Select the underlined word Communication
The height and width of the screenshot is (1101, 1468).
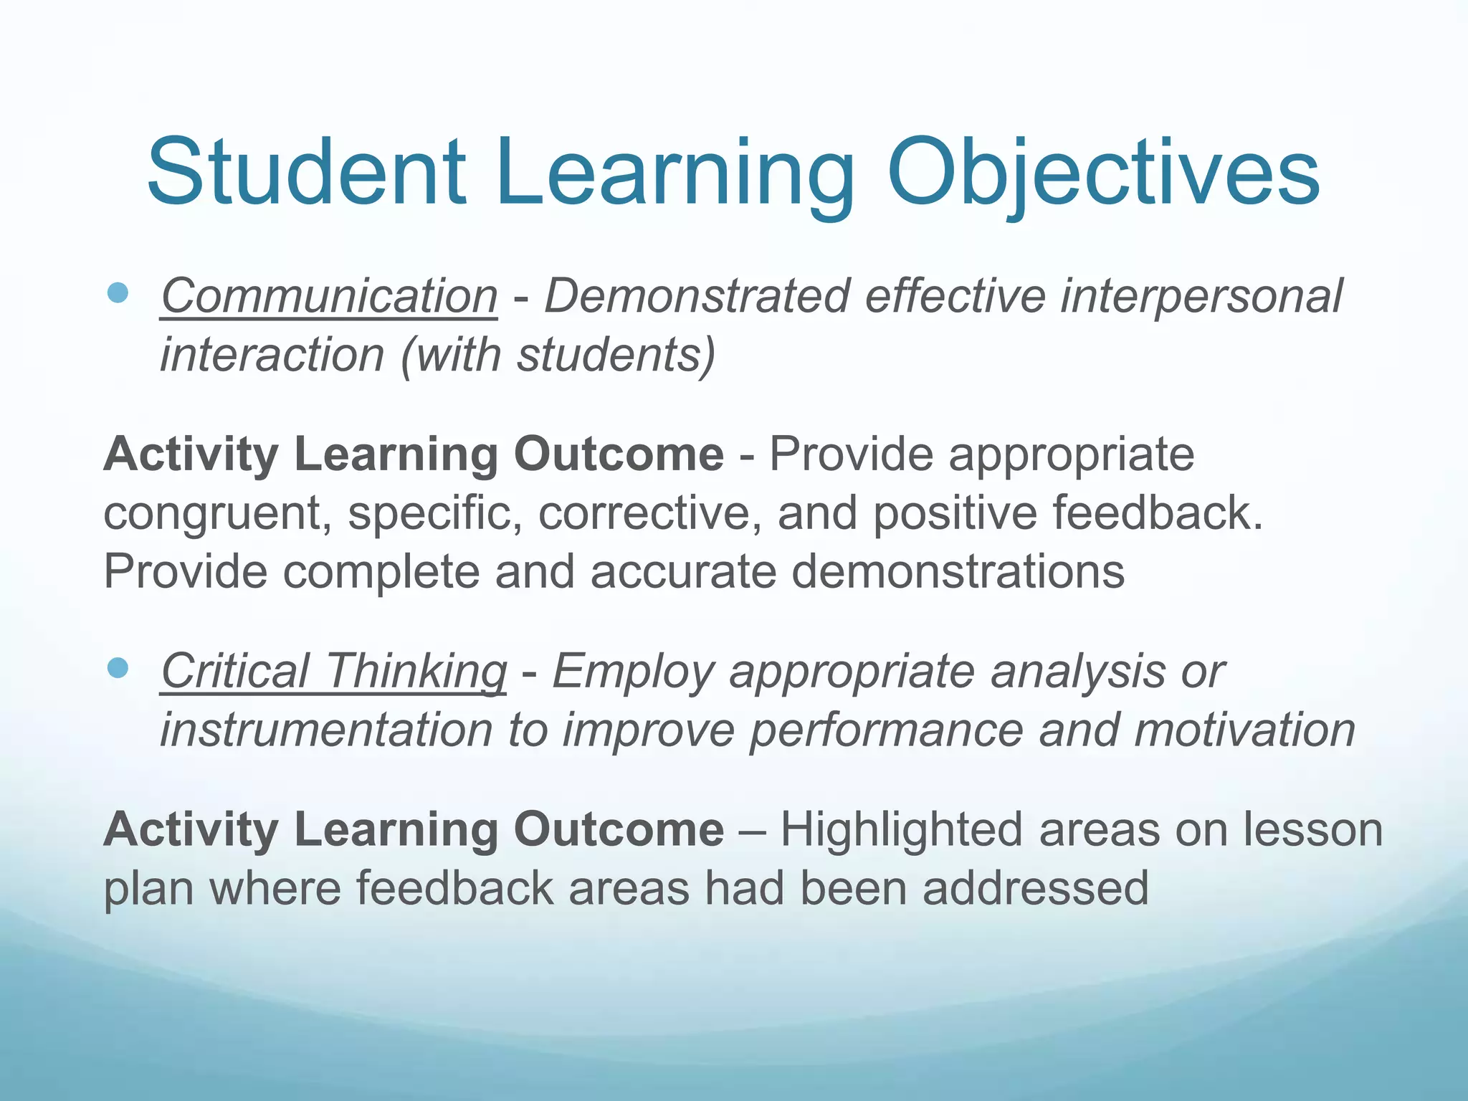pos(329,296)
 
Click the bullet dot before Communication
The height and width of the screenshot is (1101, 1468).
pos(117,292)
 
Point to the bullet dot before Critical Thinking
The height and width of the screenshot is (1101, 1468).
pos(117,668)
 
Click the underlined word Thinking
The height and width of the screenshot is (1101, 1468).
pos(416,672)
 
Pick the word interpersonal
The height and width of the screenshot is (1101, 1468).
pos(1201,296)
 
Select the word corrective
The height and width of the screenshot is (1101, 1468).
pos(649,514)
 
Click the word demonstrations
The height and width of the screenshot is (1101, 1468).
pos(958,571)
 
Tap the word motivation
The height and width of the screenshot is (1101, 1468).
pos(1244,730)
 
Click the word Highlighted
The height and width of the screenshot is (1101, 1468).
pos(900,830)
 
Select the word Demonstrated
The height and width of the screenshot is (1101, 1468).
pos(696,296)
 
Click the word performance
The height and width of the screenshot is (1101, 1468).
pos(886,731)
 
